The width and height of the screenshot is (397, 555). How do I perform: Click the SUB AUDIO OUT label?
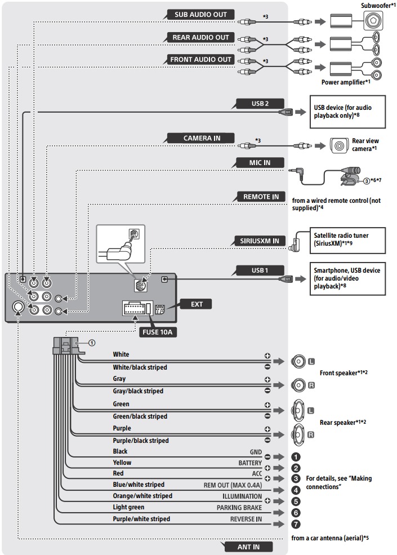coord(200,15)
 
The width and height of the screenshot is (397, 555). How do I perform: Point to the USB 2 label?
coord(260,104)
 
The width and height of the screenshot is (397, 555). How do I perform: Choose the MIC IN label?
coord(260,163)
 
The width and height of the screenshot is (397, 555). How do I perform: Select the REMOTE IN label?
coord(261,197)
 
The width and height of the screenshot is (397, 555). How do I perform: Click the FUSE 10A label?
coord(159,332)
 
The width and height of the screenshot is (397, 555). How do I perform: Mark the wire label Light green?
coord(128,507)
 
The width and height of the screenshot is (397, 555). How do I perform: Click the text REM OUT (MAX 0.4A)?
coord(233,485)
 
